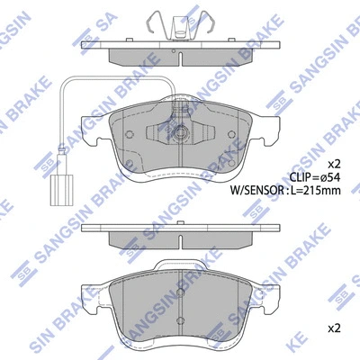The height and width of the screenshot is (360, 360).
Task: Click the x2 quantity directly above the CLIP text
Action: tap(332, 164)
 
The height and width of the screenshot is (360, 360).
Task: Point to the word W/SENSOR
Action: tap(256, 190)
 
